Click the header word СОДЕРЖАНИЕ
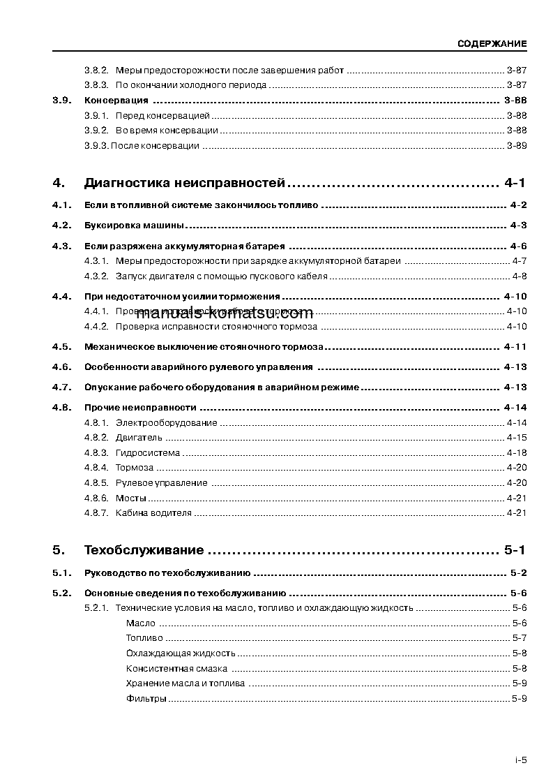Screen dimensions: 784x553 point(492,43)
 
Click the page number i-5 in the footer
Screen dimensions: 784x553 point(520,761)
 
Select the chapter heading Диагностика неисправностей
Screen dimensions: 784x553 point(185,184)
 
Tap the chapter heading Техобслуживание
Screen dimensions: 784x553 point(144,550)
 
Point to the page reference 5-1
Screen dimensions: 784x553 point(513,550)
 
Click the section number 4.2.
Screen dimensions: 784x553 point(62,225)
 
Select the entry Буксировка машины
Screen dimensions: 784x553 point(134,225)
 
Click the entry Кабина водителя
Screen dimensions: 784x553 point(153,512)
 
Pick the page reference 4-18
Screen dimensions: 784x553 point(517,452)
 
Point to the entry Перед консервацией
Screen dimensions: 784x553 point(162,115)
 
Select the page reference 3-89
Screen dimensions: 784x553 point(517,145)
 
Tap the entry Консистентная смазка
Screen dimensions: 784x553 point(176,668)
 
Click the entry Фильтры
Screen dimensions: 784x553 point(146,698)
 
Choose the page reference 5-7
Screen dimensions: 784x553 point(519,638)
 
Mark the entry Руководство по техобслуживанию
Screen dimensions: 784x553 point(167,573)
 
